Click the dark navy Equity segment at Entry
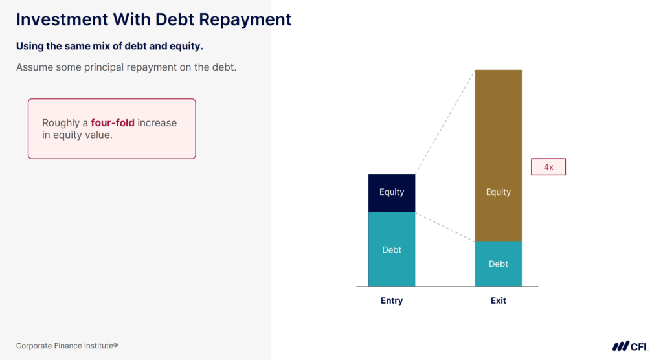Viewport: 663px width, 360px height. tap(392, 192)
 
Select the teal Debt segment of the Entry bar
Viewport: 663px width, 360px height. tap(392, 249)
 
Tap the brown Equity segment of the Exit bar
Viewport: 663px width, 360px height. tap(498, 155)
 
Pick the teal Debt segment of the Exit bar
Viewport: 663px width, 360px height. tap(498, 264)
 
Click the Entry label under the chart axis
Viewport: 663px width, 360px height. tap(392, 300)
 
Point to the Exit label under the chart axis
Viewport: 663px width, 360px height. tap(498, 300)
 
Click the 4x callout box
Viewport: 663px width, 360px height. tap(548, 167)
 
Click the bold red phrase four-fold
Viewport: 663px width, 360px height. tap(113, 123)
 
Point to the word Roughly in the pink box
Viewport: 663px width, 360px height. tap(60, 123)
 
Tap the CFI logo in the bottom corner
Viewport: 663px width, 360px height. tap(630, 346)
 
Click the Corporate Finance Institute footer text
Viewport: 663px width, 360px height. tap(67, 346)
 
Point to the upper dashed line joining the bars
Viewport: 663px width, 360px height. tap(445, 122)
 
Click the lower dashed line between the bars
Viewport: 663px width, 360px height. tap(445, 227)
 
